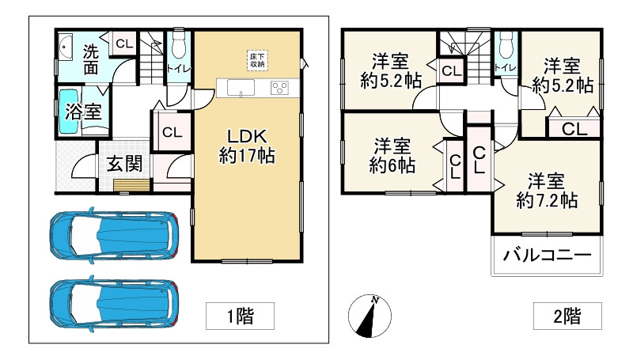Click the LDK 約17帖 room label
[x=246, y=144]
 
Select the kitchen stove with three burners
[x=279, y=88]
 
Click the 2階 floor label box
[x=567, y=316]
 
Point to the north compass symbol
[x=370, y=315]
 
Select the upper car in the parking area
[x=111, y=236]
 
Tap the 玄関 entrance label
[x=124, y=165]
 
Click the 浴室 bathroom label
[x=82, y=112]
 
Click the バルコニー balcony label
[x=547, y=256]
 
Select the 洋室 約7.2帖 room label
[x=546, y=189]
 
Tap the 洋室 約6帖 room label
[x=392, y=155]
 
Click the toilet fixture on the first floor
[x=177, y=47]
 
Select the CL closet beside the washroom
[x=123, y=44]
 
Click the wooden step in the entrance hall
[x=130, y=186]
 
